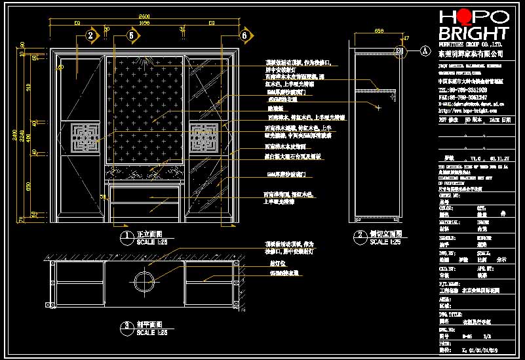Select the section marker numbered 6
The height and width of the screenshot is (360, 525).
[x=244, y=35]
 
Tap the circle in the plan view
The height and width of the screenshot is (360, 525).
[x=144, y=282]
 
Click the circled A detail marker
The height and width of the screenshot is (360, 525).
[x=425, y=50]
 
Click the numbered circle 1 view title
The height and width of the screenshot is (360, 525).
[x=124, y=235]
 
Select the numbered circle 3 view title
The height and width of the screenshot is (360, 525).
[x=125, y=326]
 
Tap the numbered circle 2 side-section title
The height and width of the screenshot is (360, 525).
[x=359, y=235]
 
